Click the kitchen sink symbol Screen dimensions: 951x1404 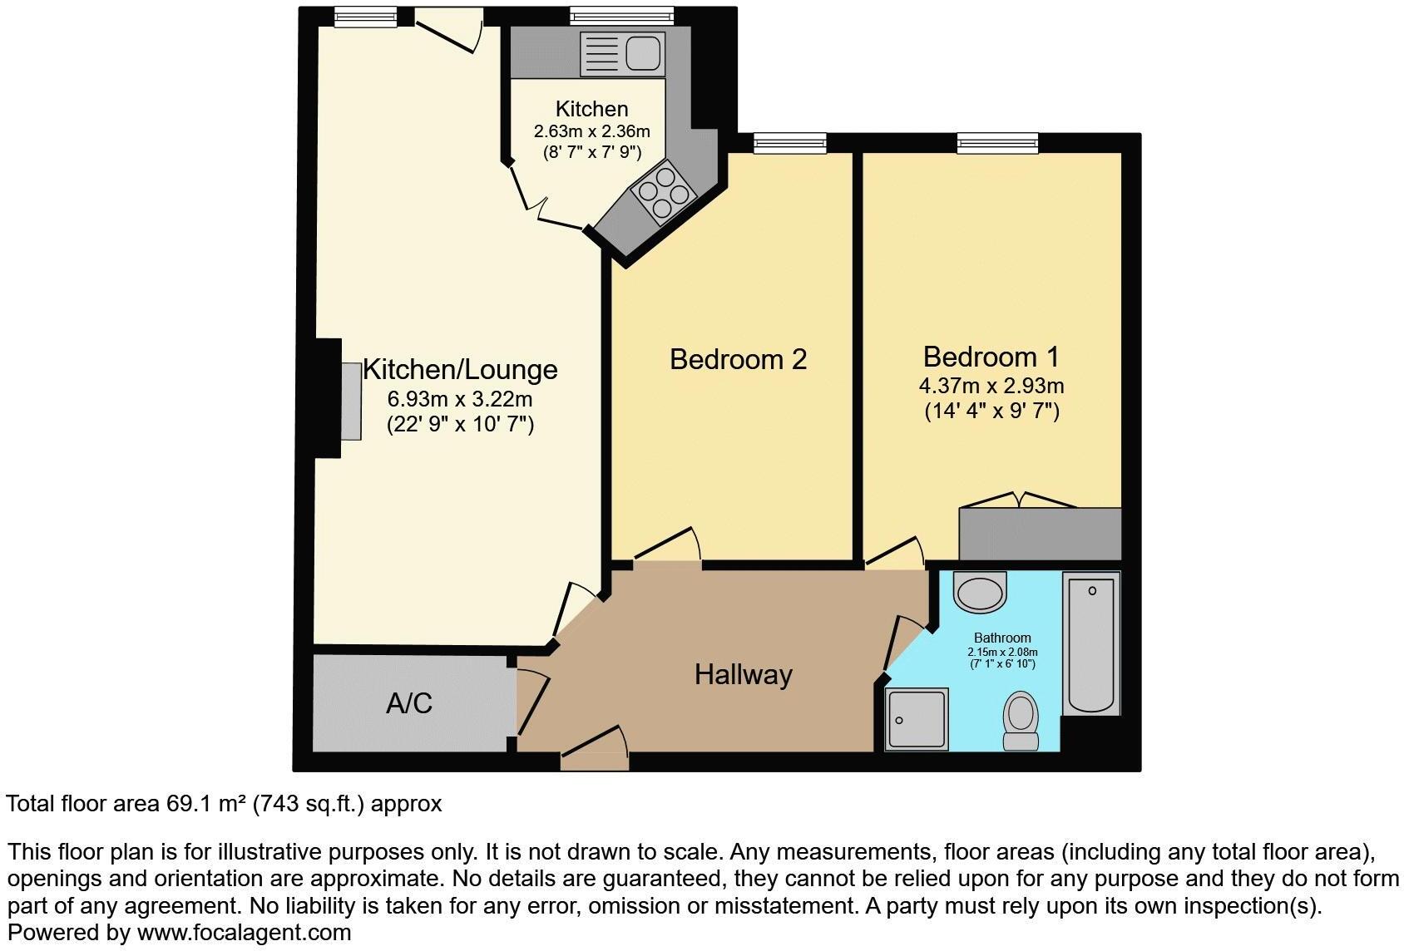click(x=623, y=53)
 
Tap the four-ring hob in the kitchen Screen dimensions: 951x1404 click(x=663, y=195)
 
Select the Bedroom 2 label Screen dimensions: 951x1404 click(x=738, y=359)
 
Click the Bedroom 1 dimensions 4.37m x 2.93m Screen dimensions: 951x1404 click(x=991, y=386)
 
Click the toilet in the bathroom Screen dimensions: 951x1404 click(x=1020, y=722)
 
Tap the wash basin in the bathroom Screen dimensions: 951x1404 click(x=981, y=593)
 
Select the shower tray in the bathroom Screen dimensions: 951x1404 click(x=917, y=719)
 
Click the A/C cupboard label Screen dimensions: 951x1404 click(x=409, y=703)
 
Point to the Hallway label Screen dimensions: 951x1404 click(x=743, y=674)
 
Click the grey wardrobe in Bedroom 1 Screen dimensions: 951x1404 click(x=1040, y=534)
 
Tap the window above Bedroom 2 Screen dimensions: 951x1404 click(x=789, y=144)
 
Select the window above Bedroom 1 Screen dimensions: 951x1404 click(x=996, y=144)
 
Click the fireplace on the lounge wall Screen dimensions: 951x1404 click(x=350, y=400)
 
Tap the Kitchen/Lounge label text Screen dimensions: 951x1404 click(x=460, y=369)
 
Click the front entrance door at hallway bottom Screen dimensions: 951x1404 click(x=594, y=752)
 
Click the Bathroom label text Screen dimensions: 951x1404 click(x=1002, y=638)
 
